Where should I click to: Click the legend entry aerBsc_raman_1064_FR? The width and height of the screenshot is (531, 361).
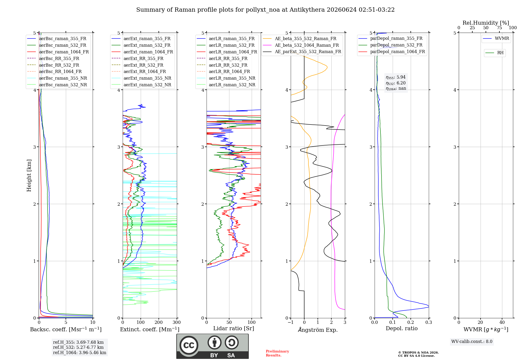(58, 52)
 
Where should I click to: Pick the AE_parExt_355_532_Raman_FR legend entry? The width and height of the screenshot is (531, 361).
(302, 51)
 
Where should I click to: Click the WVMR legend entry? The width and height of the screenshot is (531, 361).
(496, 38)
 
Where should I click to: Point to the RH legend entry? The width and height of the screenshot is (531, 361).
(495, 53)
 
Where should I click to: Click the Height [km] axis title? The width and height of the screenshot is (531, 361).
(29, 175)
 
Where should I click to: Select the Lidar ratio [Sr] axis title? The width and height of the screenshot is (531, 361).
(234, 328)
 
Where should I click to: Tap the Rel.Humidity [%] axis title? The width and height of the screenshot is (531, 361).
(486, 23)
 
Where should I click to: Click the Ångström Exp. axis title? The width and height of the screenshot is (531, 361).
(318, 330)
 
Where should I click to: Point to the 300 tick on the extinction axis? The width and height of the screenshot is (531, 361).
(177, 322)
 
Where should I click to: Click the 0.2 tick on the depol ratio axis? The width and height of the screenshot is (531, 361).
(411, 322)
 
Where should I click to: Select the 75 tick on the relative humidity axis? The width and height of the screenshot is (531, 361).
(499, 28)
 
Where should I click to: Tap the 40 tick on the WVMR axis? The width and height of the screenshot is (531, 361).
(502, 322)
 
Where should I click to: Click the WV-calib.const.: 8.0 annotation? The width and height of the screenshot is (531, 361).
(472, 342)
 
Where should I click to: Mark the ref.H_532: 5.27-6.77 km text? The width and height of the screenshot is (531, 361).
(78, 347)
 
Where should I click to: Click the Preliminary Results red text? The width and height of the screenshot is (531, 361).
(277, 353)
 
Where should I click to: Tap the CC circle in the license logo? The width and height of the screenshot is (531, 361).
(189, 345)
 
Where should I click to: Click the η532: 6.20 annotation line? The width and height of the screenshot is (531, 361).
(396, 83)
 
